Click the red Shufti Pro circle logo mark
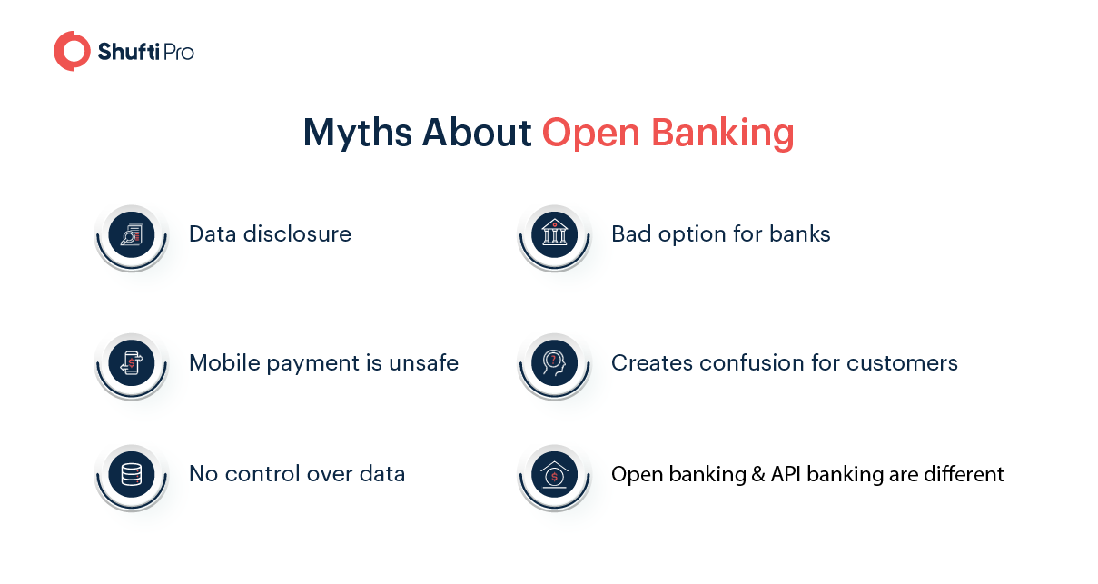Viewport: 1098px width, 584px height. pyautogui.click(x=72, y=51)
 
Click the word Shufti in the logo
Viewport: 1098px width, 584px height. pyautogui.click(x=128, y=52)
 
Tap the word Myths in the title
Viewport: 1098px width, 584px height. pyautogui.click(x=357, y=133)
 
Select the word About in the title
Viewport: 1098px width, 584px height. pyautogui.click(x=477, y=133)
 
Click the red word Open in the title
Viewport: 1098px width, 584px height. pyautogui.click(x=590, y=134)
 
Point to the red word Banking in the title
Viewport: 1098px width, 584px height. pyautogui.click(x=723, y=133)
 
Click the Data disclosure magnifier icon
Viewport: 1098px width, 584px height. pyautogui.click(x=132, y=235)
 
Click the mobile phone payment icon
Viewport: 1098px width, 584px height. pyautogui.click(x=132, y=363)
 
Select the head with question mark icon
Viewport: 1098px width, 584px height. pyautogui.click(x=554, y=363)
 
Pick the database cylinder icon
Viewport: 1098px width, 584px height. pyautogui.click(x=132, y=475)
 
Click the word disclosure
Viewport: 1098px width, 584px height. pyautogui.click(x=298, y=234)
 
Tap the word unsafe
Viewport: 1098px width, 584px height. pyautogui.click(x=423, y=363)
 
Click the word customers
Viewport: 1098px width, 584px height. pyautogui.click(x=902, y=364)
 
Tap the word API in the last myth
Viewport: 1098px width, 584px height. pyautogui.click(x=786, y=474)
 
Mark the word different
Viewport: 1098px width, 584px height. pyautogui.click(x=964, y=474)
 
